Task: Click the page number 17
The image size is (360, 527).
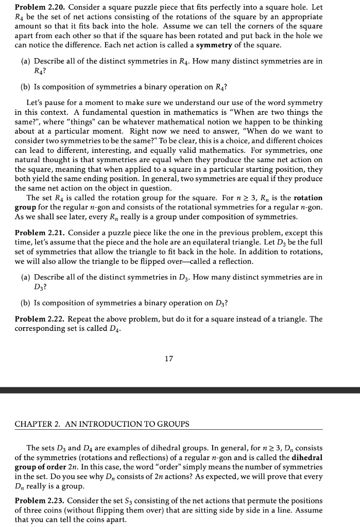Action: [169, 359]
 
